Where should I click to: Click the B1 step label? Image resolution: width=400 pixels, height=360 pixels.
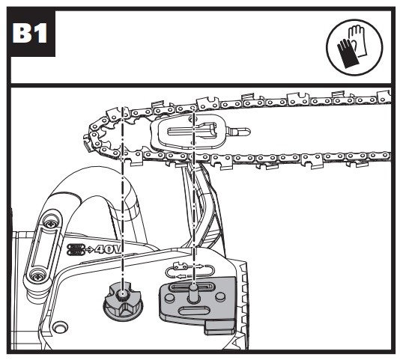click(x=29, y=33)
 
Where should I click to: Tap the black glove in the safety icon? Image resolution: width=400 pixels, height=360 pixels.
click(x=345, y=54)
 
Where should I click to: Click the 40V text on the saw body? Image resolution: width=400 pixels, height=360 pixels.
click(x=108, y=249)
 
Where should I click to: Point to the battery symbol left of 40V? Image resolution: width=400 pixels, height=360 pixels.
click(x=76, y=249)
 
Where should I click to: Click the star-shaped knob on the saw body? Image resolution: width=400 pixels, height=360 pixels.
click(x=122, y=303)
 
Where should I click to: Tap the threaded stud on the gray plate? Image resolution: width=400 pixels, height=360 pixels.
click(x=193, y=293)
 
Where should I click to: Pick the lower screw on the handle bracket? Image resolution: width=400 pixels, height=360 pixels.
click(x=36, y=275)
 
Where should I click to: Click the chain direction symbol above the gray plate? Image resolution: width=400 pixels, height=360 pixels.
click(x=190, y=271)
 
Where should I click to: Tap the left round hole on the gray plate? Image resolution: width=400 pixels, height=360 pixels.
click(x=169, y=298)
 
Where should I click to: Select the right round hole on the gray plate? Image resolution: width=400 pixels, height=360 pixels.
click(x=220, y=296)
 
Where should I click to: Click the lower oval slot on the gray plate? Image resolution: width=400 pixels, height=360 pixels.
click(x=195, y=311)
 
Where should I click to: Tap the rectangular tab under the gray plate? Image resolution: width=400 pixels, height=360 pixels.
click(x=220, y=328)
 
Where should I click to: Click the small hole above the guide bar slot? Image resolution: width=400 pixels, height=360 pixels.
click(x=191, y=119)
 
